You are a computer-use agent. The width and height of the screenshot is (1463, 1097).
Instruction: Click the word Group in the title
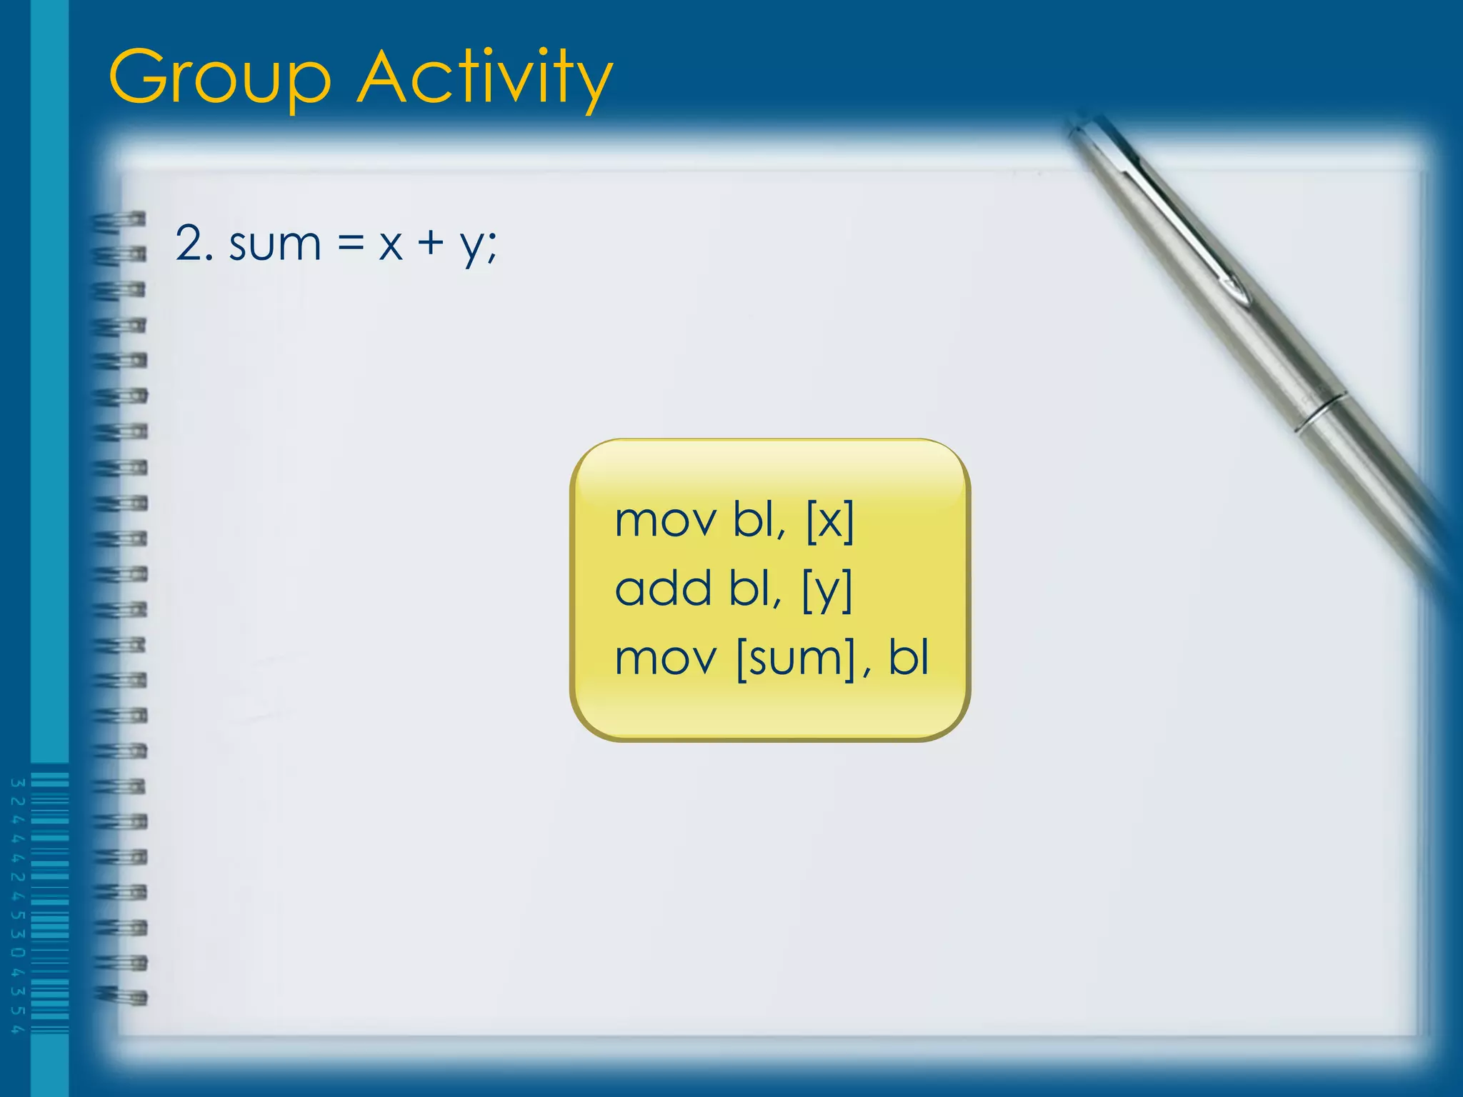pyautogui.click(x=220, y=77)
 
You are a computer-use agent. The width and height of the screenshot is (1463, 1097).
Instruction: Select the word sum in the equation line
pyautogui.click(x=275, y=245)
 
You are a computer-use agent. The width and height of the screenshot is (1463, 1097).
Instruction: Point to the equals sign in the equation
pyautogui.click(x=351, y=244)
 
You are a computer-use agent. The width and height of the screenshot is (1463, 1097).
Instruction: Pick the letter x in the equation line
pyautogui.click(x=391, y=245)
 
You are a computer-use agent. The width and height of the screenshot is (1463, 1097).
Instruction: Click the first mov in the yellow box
pyautogui.click(x=664, y=520)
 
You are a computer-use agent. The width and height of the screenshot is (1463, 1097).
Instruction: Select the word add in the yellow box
pyautogui.click(x=664, y=588)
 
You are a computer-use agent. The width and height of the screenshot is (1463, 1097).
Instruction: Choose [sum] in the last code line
pyautogui.click(x=795, y=658)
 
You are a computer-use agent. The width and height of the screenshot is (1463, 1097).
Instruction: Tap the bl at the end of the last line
pyautogui.click(x=908, y=657)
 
